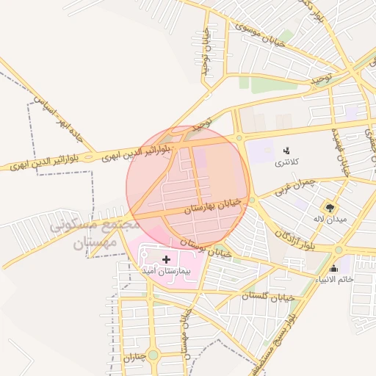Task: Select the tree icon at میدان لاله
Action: coord(329,208)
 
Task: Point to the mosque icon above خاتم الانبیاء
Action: coord(335,268)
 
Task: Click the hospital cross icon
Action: coord(167,258)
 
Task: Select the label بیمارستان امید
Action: coord(167,271)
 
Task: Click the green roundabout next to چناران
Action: coord(153,355)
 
